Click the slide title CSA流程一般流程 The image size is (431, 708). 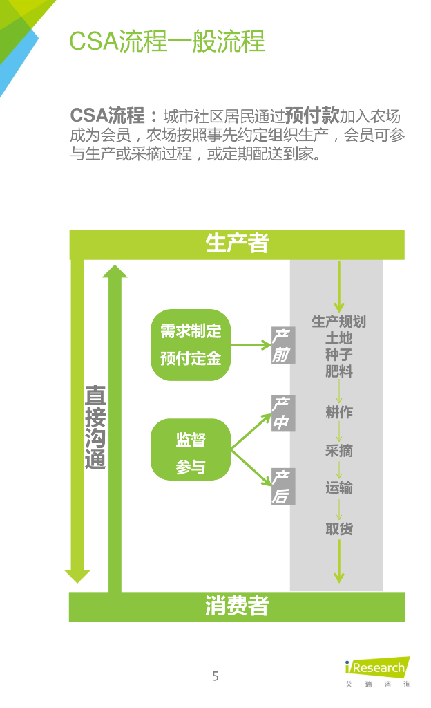(x=166, y=41)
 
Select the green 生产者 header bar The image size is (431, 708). (x=237, y=244)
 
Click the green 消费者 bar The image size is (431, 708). (x=237, y=606)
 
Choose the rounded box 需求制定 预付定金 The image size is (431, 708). (x=191, y=345)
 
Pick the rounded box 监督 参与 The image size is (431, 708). (x=191, y=449)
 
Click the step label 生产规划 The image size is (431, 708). (x=338, y=322)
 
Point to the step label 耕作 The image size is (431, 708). (x=338, y=413)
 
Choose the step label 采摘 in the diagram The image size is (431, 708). (x=338, y=451)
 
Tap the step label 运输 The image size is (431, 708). (x=338, y=488)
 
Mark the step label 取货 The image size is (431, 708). (x=338, y=529)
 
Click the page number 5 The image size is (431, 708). (x=215, y=676)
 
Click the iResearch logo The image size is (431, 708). (x=377, y=669)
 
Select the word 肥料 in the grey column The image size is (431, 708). (x=338, y=371)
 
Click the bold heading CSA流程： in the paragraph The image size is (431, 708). (x=114, y=115)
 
